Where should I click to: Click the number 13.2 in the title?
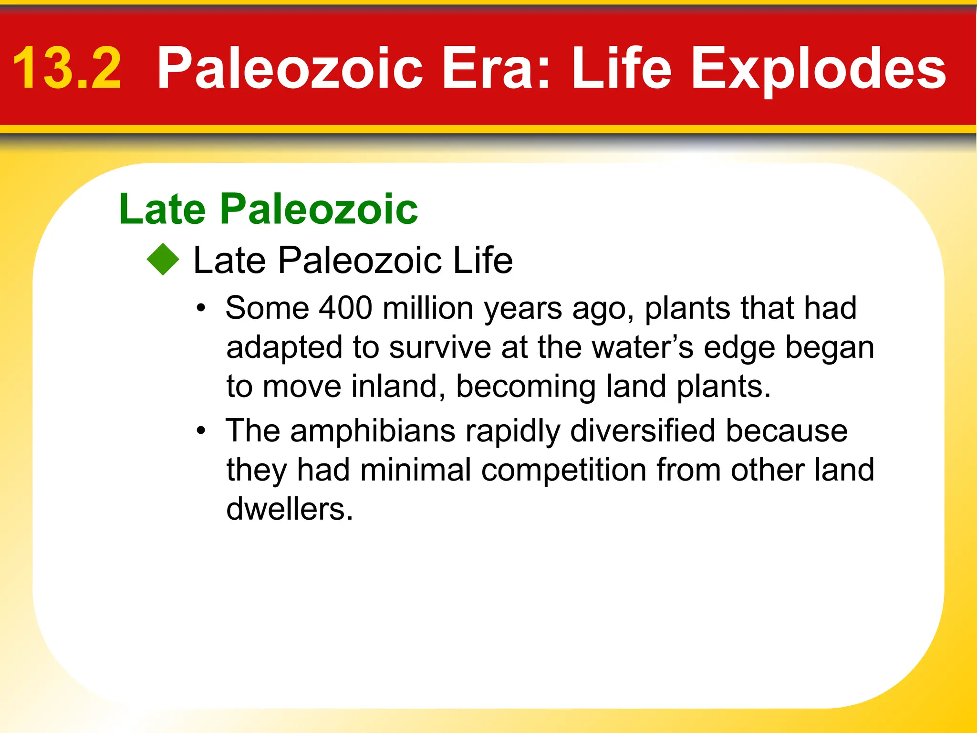pos(67,68)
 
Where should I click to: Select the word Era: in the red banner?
pos(496,68)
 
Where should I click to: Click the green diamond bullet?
pos(163,260)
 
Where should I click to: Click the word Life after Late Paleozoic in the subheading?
pos(483,261)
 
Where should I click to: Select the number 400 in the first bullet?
pos(345,308)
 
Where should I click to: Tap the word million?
pos(428,308)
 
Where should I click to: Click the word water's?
pos(643,347)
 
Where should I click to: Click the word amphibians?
pos(373,431)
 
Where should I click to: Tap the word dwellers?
pos(289,510)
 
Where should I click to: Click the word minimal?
pos(416,471)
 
